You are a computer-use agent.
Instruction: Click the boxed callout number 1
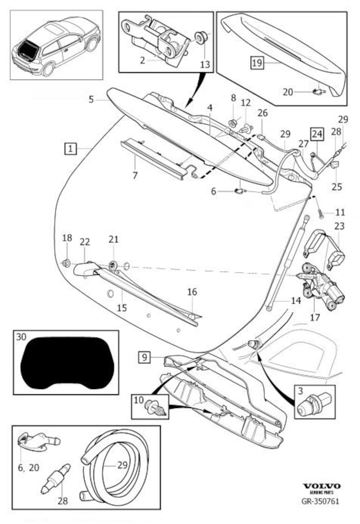pos(71,148)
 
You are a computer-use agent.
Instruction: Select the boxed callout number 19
pos(256,63)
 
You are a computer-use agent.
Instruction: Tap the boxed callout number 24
pos(317,134)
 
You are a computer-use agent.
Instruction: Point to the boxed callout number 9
pos(144,358)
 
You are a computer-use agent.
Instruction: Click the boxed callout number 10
pos(139,399)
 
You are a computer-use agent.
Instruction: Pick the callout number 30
pos(21,336)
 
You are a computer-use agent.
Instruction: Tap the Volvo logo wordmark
pos(322,486)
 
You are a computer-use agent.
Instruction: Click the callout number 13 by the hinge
pos(205,64)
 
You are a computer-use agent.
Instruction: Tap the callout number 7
pos(135,175)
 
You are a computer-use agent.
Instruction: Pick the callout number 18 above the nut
pos(67,237)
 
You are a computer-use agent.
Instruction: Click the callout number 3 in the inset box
pos(299,392)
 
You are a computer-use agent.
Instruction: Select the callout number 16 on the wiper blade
pos(192,292)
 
